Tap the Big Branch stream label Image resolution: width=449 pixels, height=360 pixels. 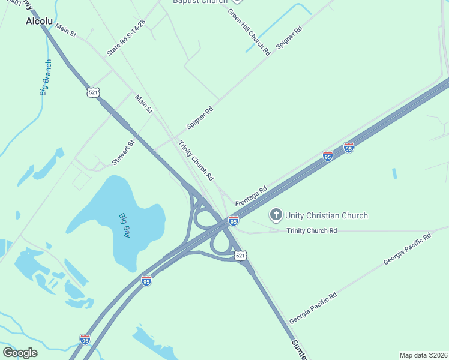point(46,78)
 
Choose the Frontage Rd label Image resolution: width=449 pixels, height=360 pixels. point(251,196)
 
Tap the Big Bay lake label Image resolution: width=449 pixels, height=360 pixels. point(124,225)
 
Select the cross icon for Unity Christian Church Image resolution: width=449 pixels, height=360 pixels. point(276,215)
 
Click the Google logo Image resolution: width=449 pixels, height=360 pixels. point(20,352)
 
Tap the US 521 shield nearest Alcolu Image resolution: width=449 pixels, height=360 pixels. point(92,92)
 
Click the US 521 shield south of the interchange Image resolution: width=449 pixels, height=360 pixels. point(240,256)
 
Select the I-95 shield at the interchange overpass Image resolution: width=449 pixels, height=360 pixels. point(234,221)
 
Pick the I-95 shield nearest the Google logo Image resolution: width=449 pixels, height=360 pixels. point(85,339)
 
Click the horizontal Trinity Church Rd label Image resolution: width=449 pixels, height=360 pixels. point(312,230)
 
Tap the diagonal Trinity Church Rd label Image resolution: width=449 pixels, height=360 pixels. point(196,160)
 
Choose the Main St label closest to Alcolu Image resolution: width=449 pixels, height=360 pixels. point(65,30)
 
